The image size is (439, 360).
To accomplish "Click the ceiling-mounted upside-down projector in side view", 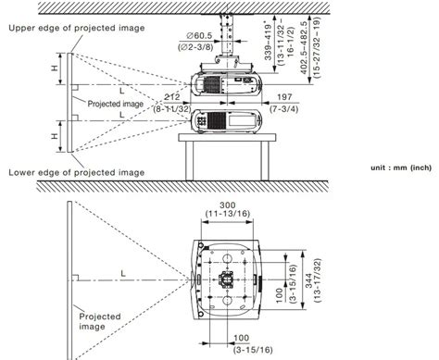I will coord(227,85).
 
